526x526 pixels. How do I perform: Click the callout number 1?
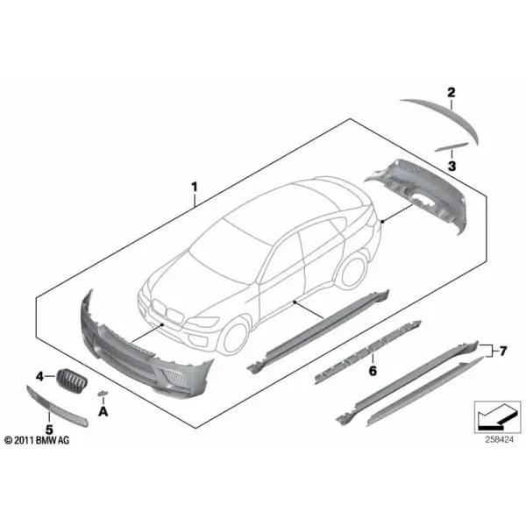tap(195, 188)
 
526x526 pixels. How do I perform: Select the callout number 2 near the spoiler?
tap(451, 92)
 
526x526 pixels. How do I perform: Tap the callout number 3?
tap(451, 166)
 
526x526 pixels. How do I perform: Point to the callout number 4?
tap(40, 377)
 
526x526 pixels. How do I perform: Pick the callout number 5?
tap(49, 429)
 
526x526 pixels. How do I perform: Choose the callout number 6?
tap(373, 371)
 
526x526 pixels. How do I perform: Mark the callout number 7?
tap(502, 351)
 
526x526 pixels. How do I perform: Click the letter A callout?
tap(103, 411)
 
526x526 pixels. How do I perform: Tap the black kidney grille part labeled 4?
tap(72, 379)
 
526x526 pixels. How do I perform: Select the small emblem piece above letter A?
tap(103, 393)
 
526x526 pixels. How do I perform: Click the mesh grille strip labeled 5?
tap(57, 407)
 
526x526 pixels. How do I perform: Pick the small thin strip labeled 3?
tap(451, 147)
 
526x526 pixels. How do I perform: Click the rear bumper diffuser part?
tap(419, 195)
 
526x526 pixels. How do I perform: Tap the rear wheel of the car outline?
tap(352, 273)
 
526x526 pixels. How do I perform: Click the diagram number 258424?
tap(499, 439)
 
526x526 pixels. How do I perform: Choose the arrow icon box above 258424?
tap(497, 417)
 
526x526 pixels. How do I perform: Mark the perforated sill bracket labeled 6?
tap(367, 352)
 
